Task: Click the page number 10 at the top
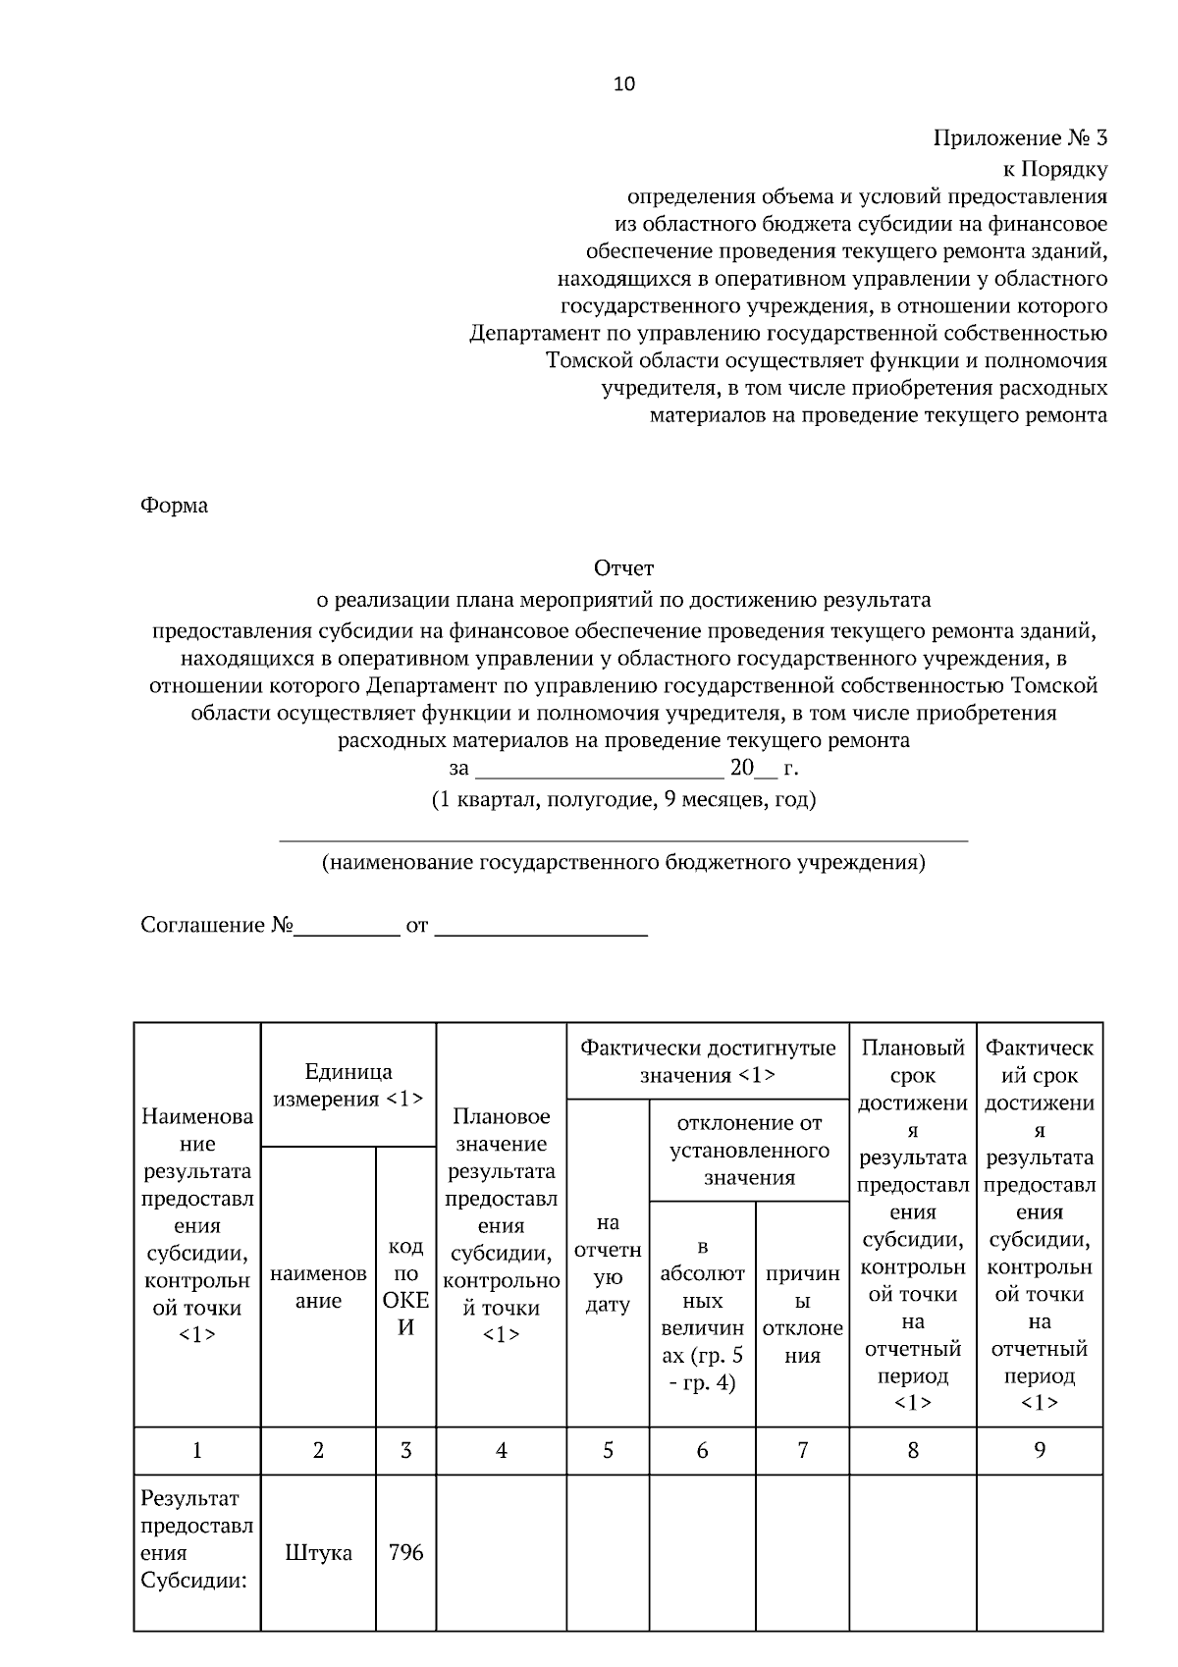624,84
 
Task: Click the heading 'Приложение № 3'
1020,137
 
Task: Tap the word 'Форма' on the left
175,506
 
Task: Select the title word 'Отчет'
623,567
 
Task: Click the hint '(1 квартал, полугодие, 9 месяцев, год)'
623,799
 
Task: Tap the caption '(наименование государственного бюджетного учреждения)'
623,863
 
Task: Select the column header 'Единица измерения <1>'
348,1085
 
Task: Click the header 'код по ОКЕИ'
405,1287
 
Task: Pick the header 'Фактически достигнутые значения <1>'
708,1061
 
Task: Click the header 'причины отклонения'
802,1315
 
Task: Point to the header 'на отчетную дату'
608,1264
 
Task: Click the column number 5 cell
608,1450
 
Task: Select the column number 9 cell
1040,1450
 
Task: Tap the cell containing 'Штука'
319,1553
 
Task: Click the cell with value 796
405,1553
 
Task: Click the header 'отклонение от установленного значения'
749,1150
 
